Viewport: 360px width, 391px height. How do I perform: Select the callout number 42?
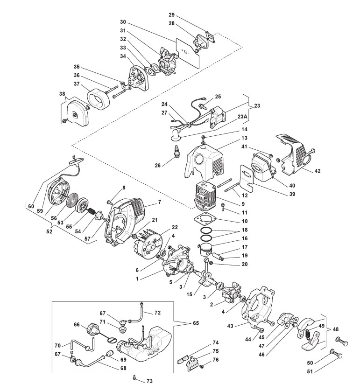tap(318, 171)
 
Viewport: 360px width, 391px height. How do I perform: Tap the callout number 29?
tap(172, 15)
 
